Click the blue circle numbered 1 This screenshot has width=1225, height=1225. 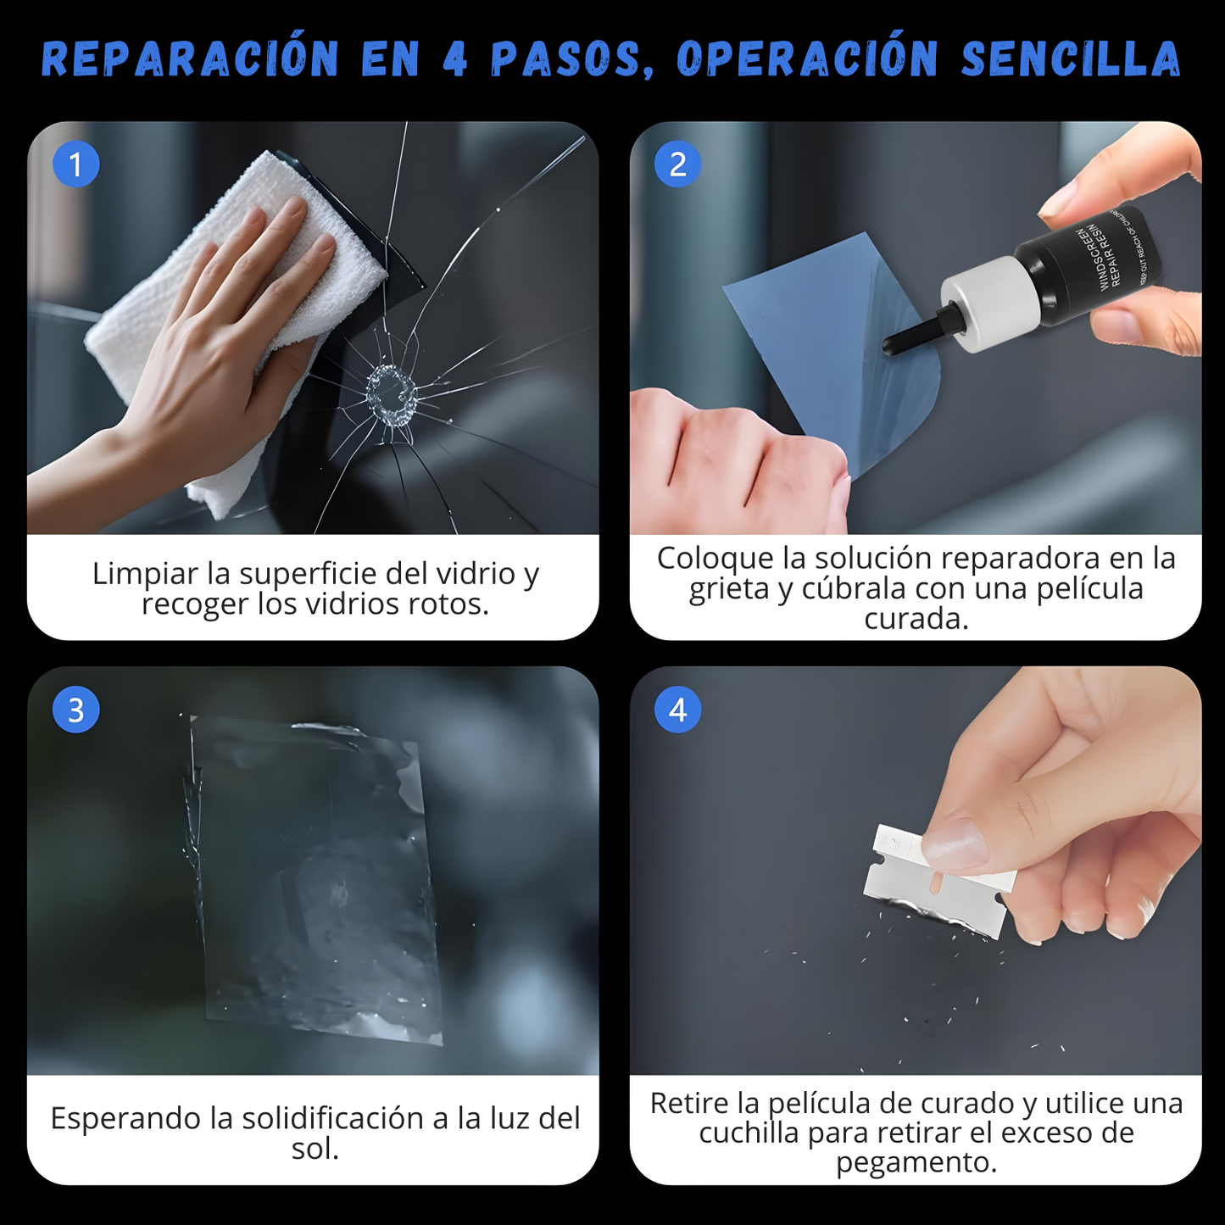pos(76,164)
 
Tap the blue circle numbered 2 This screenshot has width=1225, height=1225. pos(677,164)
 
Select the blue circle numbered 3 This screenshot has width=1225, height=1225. pos(76,710)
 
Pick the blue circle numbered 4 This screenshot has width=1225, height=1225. pos(677,710)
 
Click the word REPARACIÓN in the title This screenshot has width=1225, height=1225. pos(190,59)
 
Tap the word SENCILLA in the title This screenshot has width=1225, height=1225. pos(1071,59)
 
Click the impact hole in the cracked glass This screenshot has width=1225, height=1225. pos(392,395)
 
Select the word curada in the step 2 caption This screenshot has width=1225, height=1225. pos(916,620)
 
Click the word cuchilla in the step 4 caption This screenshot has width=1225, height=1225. pos(749,1133)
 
